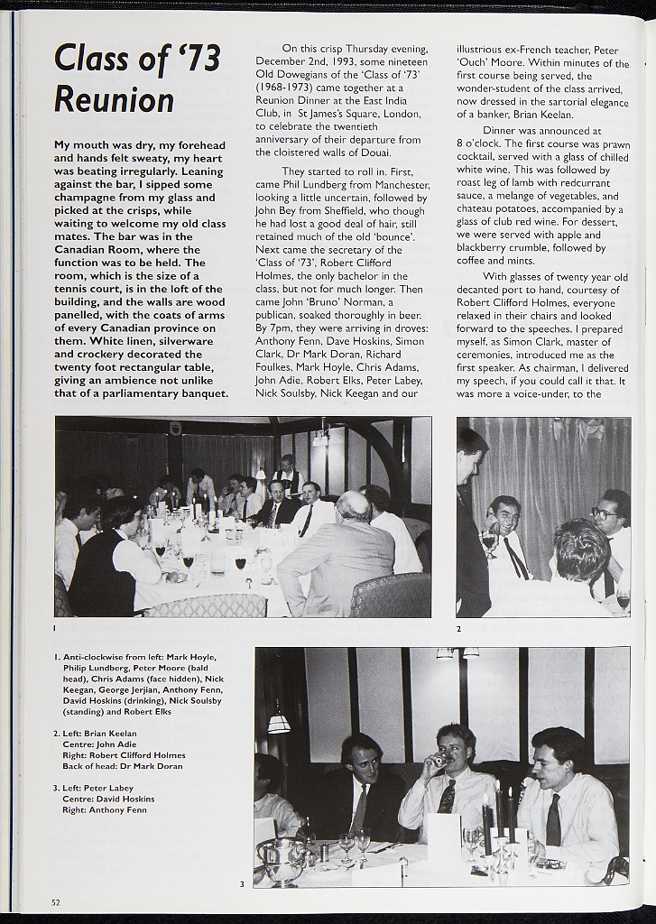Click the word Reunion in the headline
click(x=114, y=100)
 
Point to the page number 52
click(x=56, y=901)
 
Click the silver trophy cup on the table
click(x=282, y=861)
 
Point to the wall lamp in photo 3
click(x=278, y=723)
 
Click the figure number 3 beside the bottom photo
click(x=241, y=884)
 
